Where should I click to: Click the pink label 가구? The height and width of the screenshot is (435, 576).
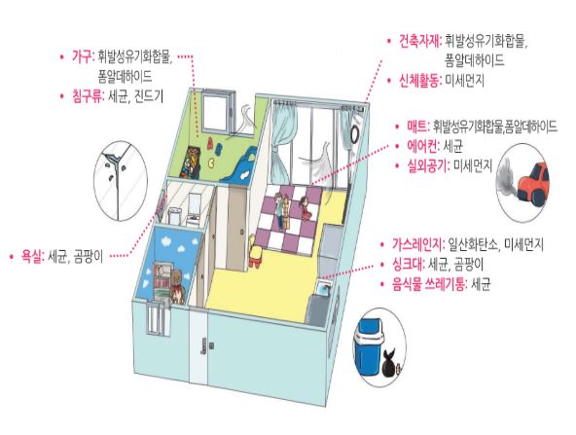tap(82, 57)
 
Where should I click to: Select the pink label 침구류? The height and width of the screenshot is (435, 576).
tap(87, 96)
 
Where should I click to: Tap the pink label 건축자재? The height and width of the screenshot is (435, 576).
tap(419, 41)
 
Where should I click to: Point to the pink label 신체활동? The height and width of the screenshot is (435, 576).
tap(419, 81)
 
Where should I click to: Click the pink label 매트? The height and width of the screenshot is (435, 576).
tap(417, 127)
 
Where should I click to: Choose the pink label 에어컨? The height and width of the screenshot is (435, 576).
tap(422, 147)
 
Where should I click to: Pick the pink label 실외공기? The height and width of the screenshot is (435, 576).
tap(427, 166)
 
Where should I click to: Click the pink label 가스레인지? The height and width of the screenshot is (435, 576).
tap(418, 244)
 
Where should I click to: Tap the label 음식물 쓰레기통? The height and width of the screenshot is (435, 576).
tap(428, 284)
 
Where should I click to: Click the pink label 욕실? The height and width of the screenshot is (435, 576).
tap(31, 257)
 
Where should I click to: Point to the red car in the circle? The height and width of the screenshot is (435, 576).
tap(534, 183)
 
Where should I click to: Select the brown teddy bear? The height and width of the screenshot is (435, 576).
tap(177, 287)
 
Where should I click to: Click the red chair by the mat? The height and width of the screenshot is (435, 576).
tap(256, 252)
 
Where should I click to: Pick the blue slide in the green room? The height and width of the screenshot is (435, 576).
tap(238, 163)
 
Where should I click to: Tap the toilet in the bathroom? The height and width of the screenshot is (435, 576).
tap(174, 215)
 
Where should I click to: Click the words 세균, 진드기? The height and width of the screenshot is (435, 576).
tap(135, 97)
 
